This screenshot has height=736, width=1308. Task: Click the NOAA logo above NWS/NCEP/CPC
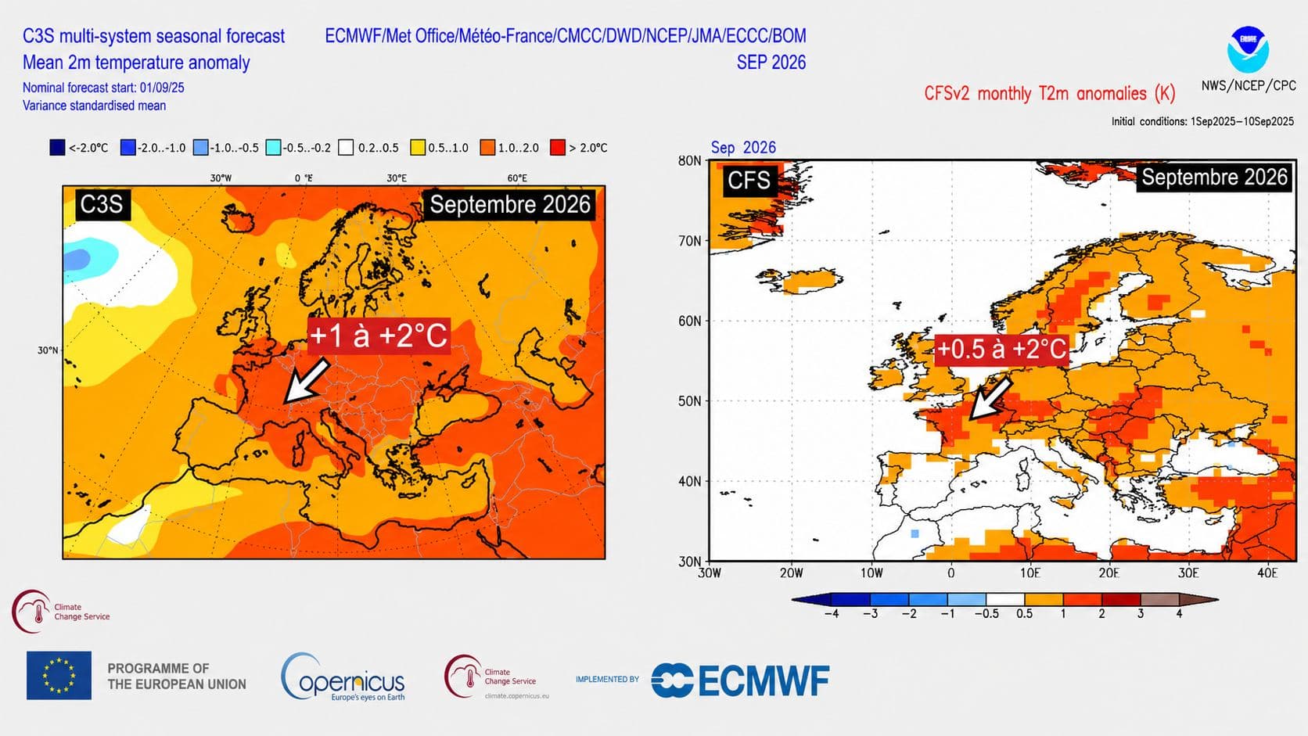pyautogui.click(x=1248, y=49)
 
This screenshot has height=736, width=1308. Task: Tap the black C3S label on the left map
pyautogui.click(x=102, y=204)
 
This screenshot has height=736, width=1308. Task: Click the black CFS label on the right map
pyautogui.click(x=749, y=180)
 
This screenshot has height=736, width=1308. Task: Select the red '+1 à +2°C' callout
pyautogui.click(x=379, y=336)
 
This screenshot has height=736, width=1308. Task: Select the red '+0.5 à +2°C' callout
pyautogui.click(x=1001, y=349)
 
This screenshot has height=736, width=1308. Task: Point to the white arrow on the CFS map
pyautogui.click(x=990, y=398)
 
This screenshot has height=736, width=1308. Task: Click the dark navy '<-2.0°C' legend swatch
pyautogui.click(x=57, y=148)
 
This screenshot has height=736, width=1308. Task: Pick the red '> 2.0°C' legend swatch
pyautogui.click(x=558, y=148)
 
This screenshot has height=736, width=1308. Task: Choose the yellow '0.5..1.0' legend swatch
pyautogui.click(x=418, y=148)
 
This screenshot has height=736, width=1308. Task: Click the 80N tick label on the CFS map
pyautogui.click(x=690, y=161)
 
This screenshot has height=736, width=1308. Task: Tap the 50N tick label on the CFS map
pyautogui.click(x=690, y=401)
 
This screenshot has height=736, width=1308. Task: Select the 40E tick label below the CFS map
pyautogui.click(x=1267, y=573)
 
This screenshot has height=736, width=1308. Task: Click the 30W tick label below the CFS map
pyautogui.click(x=710, y=573)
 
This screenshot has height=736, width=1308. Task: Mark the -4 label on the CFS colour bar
pyautogui.click(x=832, y=614)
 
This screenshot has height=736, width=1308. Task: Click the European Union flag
pyautogui.click(x=59, y=675)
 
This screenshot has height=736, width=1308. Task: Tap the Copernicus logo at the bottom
pyautogui.click(x=343, y=677)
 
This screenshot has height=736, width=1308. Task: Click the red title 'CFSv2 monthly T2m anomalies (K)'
pyautogui.click(x=1050, y=93)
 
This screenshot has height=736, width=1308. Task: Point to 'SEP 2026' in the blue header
pyautogui.click(x=771, y=63)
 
